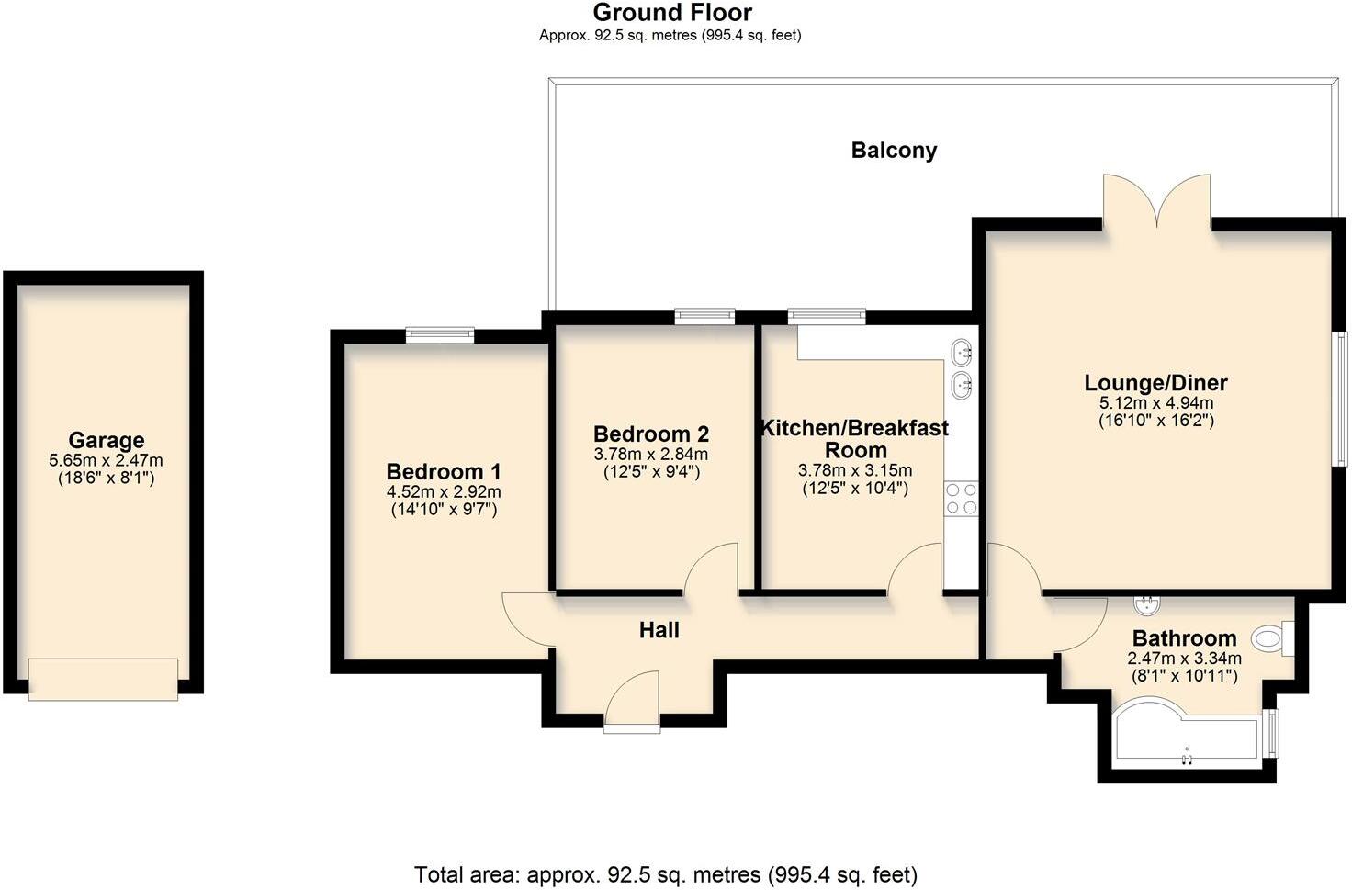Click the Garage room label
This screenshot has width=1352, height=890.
(107, 440)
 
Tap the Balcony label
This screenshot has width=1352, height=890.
(894, 151)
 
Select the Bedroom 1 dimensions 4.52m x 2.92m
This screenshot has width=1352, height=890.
(444, 491)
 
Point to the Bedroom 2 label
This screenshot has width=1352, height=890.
(651, 434)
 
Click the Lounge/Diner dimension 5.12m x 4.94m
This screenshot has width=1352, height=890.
(1156, 402)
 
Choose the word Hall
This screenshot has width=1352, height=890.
(659, 631)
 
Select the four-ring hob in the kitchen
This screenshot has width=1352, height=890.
(962, 499)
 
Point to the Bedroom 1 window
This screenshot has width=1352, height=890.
(439, 335)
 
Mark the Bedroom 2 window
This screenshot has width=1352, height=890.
(704, 316)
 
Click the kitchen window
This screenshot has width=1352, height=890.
(827, 316)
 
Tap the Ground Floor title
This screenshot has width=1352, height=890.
(672, 12)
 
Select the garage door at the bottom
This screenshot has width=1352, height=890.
(103, 680)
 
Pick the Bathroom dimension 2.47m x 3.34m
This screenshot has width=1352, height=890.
(1184, 658)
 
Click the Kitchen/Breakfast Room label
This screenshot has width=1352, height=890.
(855, 439)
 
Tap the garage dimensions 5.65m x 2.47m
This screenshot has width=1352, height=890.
(106, 460)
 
